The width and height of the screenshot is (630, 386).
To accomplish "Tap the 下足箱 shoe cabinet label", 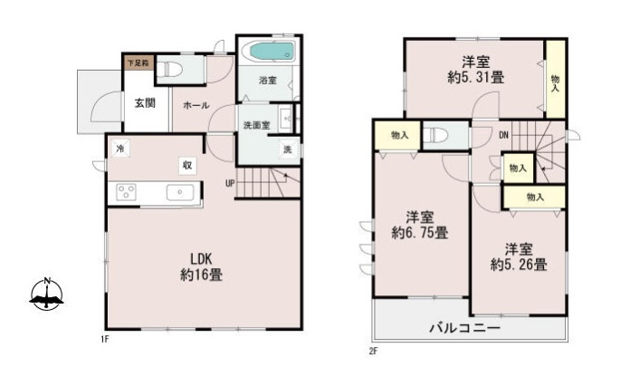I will coord(138,63).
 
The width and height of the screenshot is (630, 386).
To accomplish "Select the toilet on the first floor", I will coord(176,69).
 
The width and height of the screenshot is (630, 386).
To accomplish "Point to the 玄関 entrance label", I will coord(145,103).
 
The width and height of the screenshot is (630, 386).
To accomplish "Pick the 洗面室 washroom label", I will coord(255,125).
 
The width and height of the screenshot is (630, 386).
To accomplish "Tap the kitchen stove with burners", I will coord(127,192).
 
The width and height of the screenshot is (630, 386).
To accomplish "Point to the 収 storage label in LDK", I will coord(186,165).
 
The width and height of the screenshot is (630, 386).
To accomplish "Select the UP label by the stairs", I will coord(231,181).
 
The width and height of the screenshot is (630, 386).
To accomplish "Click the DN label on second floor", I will coord(503,135).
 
